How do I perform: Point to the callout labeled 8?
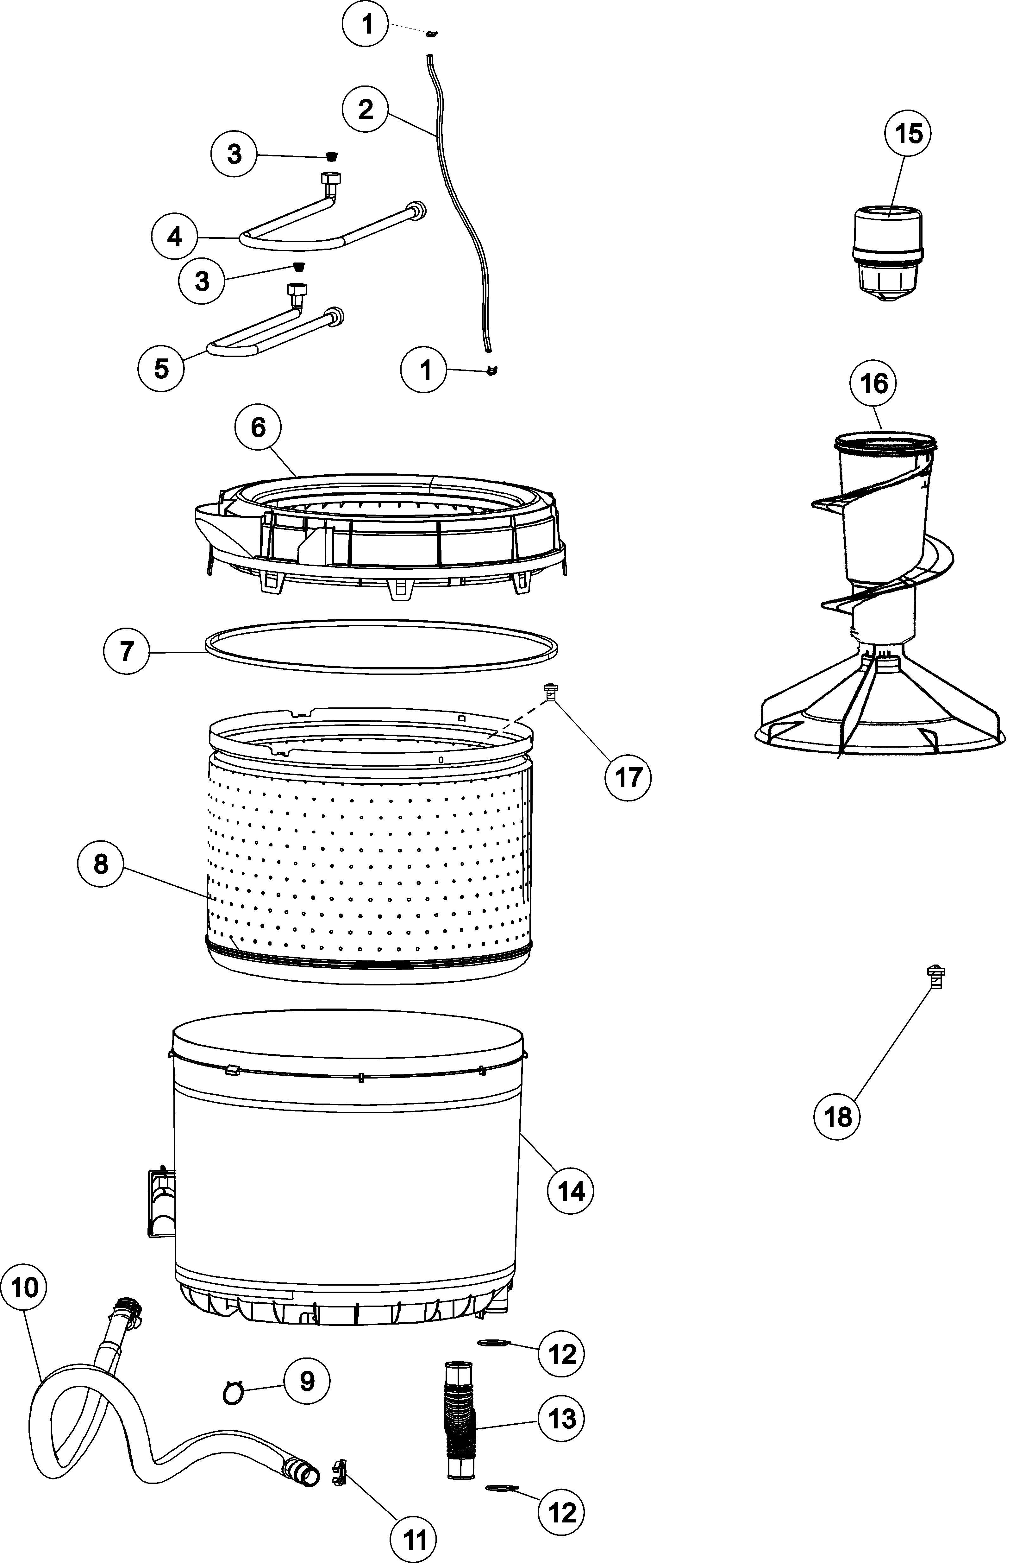coord(101,864)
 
